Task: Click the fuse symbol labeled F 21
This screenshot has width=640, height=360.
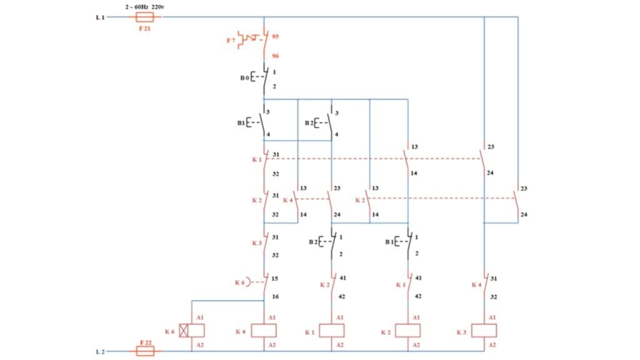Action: click(144, 17)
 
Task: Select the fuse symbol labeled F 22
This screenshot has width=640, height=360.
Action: click(144, 352)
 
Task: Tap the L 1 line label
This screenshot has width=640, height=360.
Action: click(100, 17)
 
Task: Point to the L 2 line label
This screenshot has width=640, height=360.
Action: click(100, 352)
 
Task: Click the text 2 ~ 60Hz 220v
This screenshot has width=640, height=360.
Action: click(146, 7)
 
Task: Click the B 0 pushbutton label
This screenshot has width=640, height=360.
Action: click(244, 78)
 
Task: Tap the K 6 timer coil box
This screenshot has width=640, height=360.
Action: click(184, 331)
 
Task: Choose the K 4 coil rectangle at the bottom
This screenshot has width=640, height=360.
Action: click(264, 331)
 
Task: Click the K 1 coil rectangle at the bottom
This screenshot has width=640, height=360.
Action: click(332, 331)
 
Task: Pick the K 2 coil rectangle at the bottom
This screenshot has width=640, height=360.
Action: click(407, 331)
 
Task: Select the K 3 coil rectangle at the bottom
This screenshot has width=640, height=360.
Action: click(484, 331)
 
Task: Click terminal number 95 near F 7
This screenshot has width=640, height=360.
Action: click(275, 37)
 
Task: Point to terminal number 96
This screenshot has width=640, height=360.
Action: click(275, 56)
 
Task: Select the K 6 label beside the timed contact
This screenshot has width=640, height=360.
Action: click(240, 283)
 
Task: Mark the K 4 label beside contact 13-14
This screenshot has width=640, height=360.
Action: click(287, 200)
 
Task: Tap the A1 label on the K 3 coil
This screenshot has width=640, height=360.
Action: click(492, 317)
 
